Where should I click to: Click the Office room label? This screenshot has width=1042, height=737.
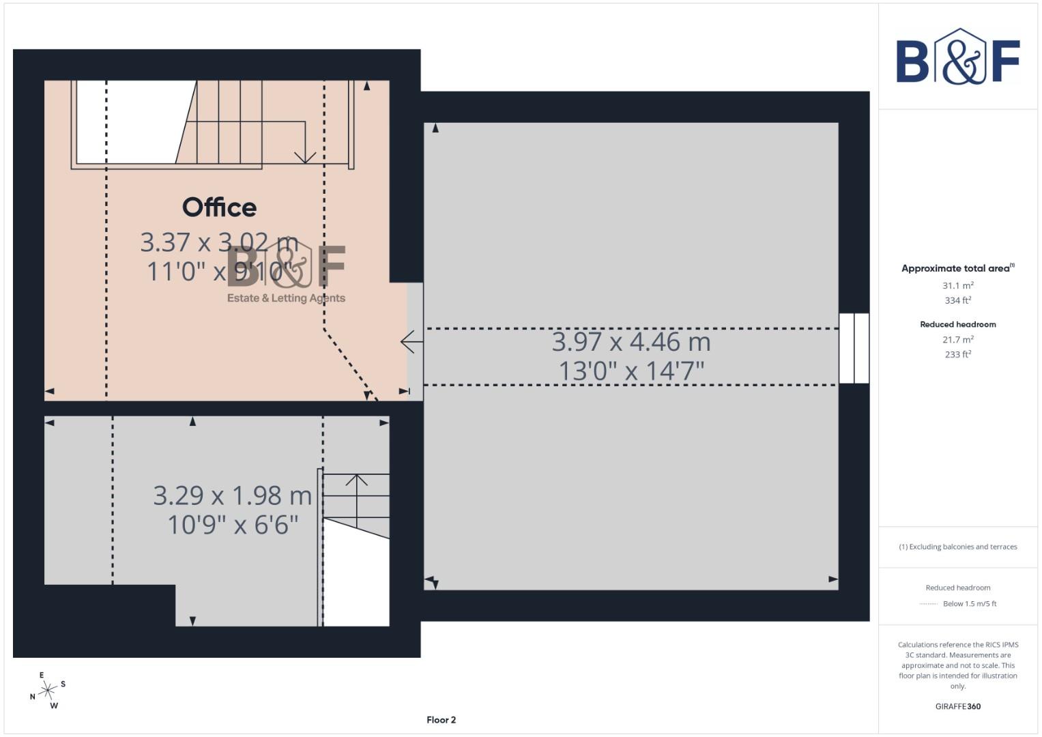(219, 207)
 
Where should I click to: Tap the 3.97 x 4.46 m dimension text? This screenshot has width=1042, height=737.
(631, 342)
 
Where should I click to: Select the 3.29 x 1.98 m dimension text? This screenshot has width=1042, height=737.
(232, 496)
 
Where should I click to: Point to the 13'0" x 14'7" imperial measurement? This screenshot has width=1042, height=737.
(631, 371)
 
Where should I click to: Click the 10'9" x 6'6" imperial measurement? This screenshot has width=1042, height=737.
(233, 525)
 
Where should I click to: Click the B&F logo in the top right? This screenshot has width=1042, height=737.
(957, 57)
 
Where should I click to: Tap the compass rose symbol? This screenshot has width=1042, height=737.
(47, 691)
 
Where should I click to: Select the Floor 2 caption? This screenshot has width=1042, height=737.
(441, 720)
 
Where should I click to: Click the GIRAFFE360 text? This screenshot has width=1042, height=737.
(957, 706)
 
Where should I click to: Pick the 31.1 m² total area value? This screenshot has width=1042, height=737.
(957, 286)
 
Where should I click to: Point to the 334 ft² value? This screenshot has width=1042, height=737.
(957, 300)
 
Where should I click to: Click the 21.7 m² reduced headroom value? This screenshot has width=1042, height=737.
(957, 339)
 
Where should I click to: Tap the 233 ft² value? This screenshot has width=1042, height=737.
(957, 354)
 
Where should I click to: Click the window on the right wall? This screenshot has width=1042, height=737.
(854, 348)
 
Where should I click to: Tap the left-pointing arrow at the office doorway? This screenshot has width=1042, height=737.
(410, 341)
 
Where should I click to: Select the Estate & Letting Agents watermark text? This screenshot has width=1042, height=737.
(286, 298)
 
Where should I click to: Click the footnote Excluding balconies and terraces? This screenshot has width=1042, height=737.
(957, 547)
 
